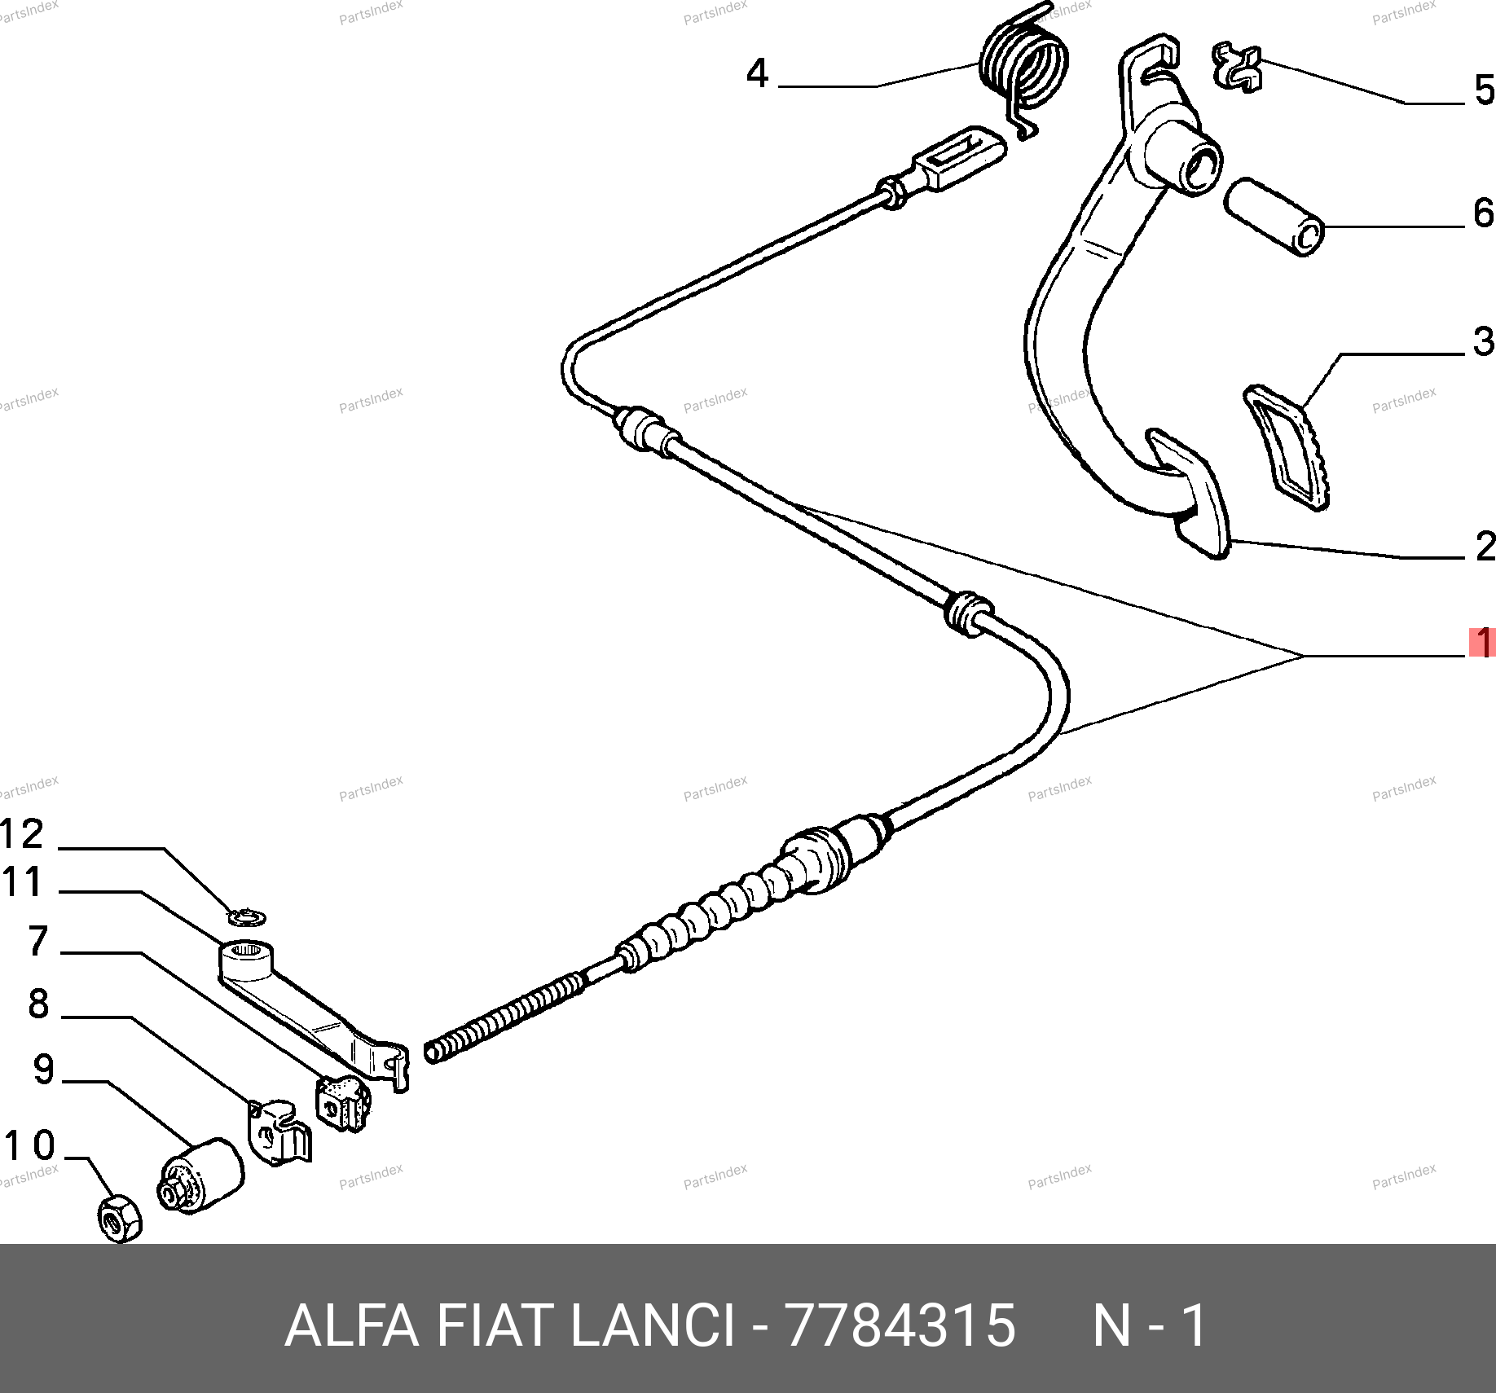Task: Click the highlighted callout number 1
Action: point(1483,642)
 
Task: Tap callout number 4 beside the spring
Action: point(758,73)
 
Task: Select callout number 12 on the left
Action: point(22,834)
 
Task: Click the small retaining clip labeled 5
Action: point(1237,67)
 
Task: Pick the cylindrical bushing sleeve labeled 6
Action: point(1274,217)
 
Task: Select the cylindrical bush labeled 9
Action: point(200,1175)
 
